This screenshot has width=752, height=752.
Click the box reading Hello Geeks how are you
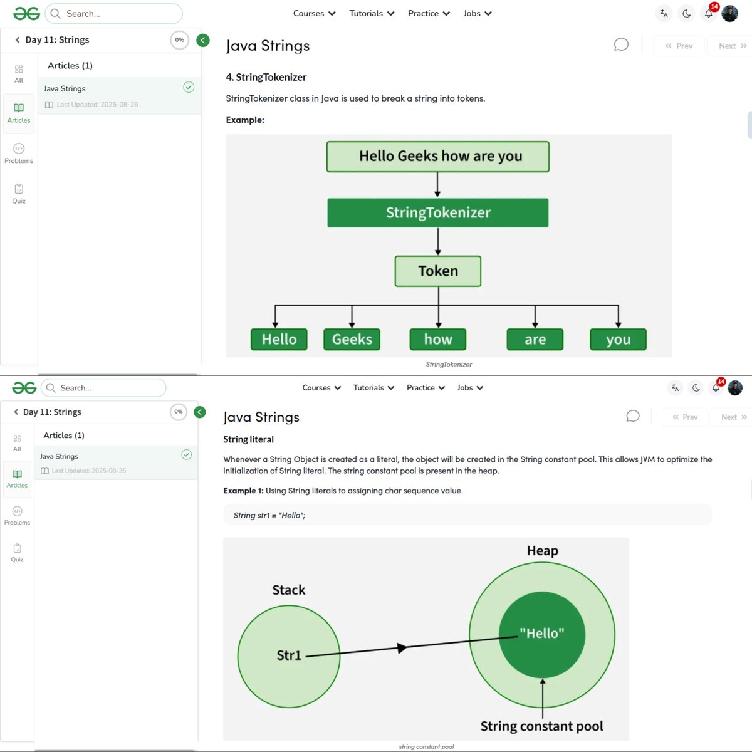(437, 157)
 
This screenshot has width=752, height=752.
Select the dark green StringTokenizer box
(437, 213)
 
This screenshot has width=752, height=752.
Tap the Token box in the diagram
(438, 271)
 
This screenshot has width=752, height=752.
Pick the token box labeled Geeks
(352, 340)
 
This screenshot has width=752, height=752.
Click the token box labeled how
(438, 340)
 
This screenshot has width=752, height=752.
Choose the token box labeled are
(535, 340)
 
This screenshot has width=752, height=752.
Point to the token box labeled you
(618, 340)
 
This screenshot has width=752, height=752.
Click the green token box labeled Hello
(279, 340)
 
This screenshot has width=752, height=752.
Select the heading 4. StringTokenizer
(266, 77)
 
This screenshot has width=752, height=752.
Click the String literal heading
(248, 439)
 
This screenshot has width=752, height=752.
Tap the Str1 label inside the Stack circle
(289, 655)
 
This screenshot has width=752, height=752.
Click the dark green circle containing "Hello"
(542, 634)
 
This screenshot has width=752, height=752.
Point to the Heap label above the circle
(542, 551)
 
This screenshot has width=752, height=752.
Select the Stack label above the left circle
(289, 590)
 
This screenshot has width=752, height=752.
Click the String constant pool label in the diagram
(541, 726)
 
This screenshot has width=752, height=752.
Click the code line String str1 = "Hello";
(269, 515)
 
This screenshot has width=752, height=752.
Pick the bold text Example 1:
(243, 491)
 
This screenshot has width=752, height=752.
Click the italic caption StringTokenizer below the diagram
(449, 364)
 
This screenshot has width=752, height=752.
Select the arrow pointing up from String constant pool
(543, 696)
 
